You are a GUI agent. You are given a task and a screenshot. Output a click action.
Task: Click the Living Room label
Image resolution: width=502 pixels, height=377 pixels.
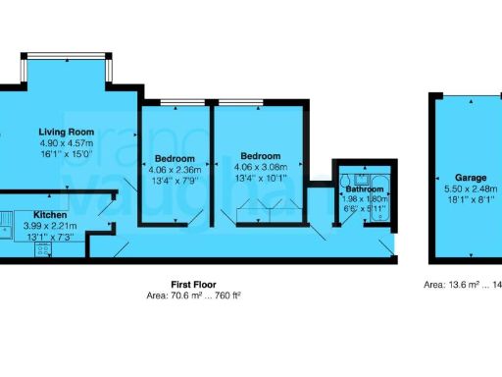click(65, 132)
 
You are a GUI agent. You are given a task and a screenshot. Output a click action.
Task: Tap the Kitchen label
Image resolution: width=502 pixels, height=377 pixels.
click(50, 213)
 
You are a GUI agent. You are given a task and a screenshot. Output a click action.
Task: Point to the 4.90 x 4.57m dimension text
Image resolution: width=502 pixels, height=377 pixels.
click(65, 142)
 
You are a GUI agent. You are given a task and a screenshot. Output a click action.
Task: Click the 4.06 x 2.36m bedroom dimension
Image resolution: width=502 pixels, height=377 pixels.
click(174, 169)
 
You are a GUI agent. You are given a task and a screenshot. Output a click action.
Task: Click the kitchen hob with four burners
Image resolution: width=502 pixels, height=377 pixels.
click(43, 250)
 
